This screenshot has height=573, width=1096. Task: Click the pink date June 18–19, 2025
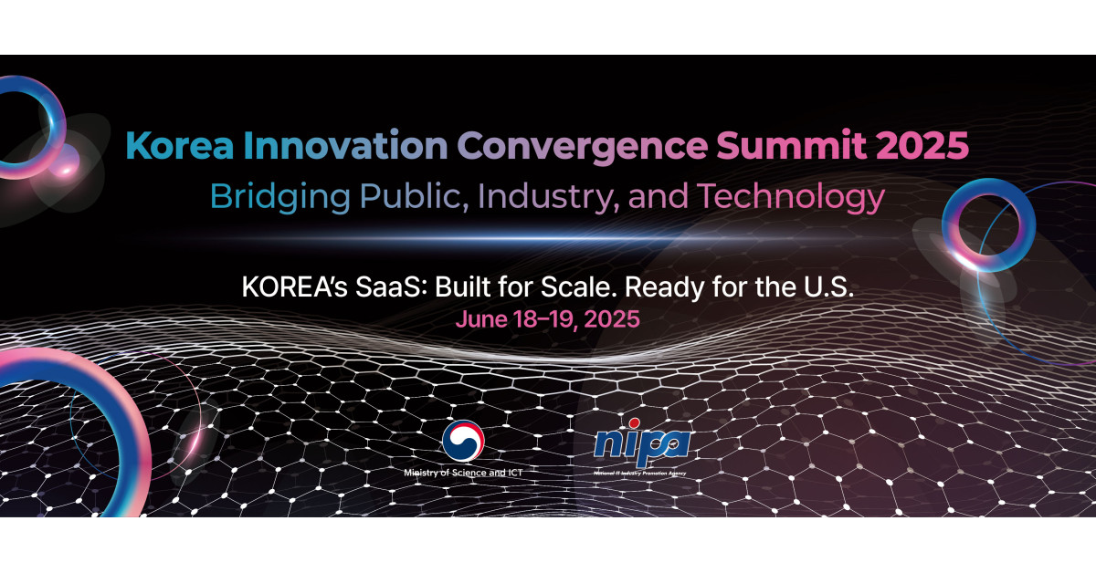(548, 320)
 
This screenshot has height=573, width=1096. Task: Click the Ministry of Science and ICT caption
(463, 474)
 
